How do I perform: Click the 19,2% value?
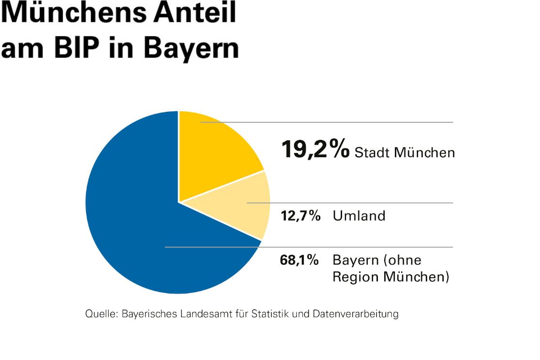pos(315,150)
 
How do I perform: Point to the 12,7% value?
pos(300,216)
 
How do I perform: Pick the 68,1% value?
pos(300,260)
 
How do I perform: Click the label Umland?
pos(359,216)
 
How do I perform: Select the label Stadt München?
pos(405,153)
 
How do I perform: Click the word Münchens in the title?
pos(73,14)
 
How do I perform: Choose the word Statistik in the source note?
pos(269,314)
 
